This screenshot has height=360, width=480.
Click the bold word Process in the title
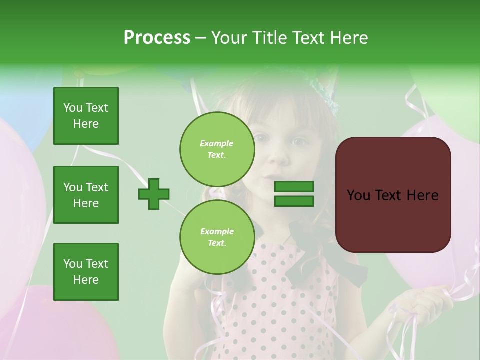click(157, 38)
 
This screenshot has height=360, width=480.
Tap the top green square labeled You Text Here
click(86, 116)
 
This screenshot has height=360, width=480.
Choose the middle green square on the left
click(86, 195)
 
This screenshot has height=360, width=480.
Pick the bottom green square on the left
click(86, 272)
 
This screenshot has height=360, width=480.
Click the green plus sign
click(154, 194)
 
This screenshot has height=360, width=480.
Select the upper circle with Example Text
click(217, 149)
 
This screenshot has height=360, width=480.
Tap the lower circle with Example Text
click(217, 237)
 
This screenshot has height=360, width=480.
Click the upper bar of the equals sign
click(294, 187)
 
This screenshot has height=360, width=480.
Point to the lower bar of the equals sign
click(294, 201)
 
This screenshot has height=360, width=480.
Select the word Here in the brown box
click(422, 195)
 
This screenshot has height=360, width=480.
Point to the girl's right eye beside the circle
click(298, 142)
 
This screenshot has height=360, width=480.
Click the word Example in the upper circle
click(217, 143)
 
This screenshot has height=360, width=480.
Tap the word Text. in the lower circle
click(217, 243)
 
